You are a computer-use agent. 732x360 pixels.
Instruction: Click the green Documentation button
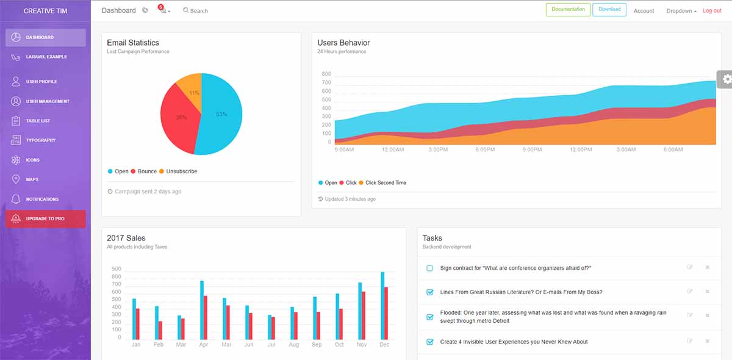pos(568,10)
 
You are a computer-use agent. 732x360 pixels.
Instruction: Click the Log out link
pos(712,11)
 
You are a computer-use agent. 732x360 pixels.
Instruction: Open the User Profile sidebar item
pos(41,82)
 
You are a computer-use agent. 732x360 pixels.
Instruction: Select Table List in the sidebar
pos(38,121)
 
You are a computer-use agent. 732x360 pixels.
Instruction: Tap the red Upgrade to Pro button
pos(46,218)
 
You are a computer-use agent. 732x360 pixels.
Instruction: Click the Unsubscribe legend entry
pos(181,171)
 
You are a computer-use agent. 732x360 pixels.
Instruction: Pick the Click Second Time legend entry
pos(386,183)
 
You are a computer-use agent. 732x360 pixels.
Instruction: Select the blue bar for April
pos(202,310)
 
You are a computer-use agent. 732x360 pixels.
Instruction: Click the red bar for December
pos(386,313)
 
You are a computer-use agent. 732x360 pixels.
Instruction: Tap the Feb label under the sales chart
pos(158,345)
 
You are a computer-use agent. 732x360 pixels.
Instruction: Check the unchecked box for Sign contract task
pos(430,268)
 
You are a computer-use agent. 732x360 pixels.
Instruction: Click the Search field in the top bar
pos(199,11)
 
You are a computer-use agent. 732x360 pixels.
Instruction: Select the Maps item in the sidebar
pos(32,179)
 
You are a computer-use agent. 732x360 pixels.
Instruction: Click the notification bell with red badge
pos(163,10)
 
